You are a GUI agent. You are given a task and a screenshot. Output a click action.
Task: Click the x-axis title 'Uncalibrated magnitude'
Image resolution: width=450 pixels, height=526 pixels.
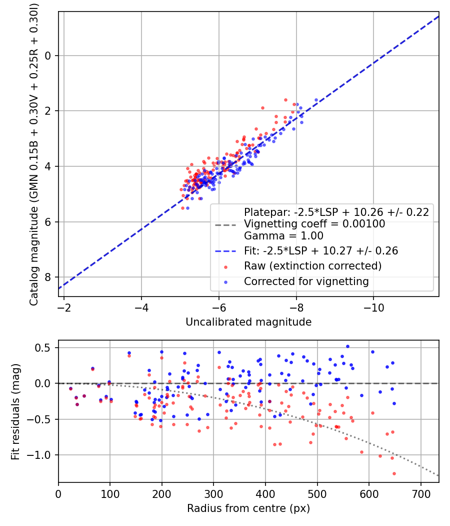pos(248,322)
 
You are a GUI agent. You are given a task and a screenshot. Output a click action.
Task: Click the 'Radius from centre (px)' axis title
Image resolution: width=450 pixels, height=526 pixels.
pos(248,508)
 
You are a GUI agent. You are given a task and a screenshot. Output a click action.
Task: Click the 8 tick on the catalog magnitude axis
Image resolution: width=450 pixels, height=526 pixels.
pos(48,277)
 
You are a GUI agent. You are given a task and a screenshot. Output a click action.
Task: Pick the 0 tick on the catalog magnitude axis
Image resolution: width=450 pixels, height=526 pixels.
pos(48,56)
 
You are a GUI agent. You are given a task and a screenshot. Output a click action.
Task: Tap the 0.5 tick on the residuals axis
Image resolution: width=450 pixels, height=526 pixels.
pos(45,348)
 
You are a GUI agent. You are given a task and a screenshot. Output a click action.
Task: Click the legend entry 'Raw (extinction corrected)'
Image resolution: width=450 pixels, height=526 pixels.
pos(312,266)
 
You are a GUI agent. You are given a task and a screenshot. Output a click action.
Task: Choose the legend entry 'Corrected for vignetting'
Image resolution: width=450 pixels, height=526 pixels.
pos(306,282)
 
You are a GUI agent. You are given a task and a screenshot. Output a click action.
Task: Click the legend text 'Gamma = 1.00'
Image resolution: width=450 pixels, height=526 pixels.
pos(283,236)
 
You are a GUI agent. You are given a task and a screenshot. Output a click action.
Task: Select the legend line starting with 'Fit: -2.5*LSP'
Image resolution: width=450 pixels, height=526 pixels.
pos(320,251)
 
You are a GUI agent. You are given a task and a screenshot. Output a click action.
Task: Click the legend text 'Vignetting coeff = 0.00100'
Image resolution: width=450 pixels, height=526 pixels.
pos(314,224)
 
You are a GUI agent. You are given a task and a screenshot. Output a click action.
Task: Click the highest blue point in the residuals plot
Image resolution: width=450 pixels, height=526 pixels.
pos(347,346)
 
